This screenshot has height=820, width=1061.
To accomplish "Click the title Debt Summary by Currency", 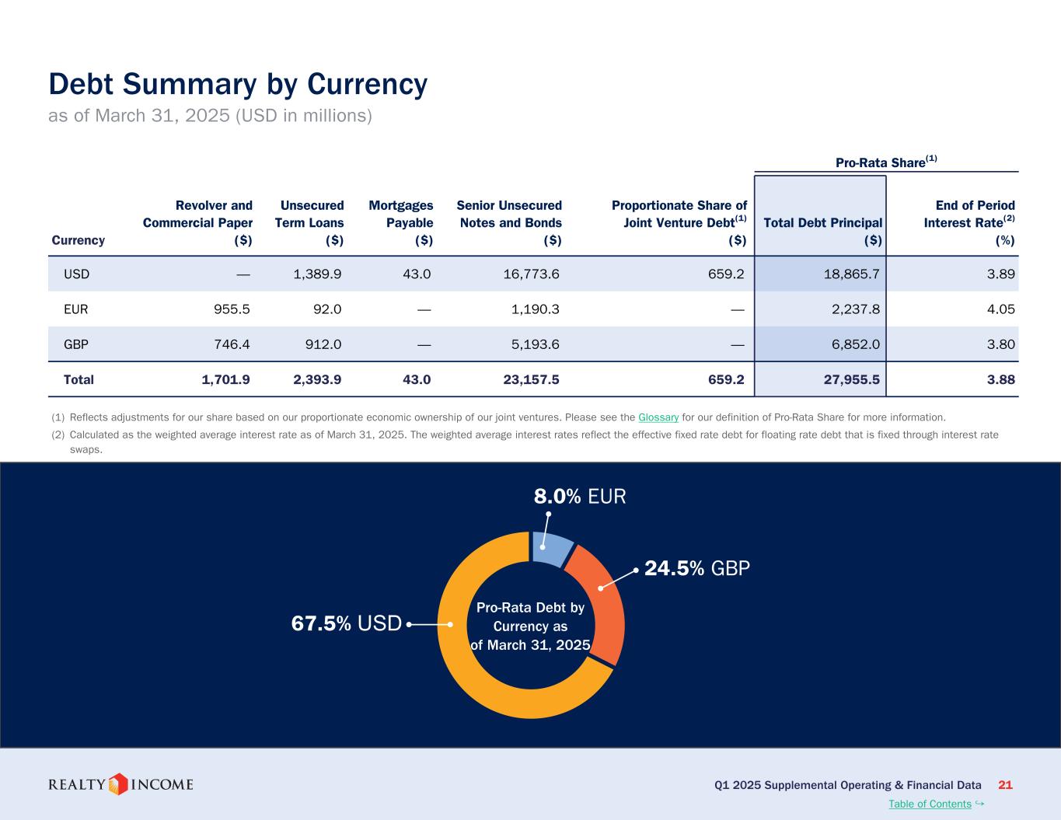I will [238, 85].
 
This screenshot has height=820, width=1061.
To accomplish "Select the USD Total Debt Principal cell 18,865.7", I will [853, 274].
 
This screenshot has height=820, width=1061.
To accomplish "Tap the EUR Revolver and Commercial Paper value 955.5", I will [232, 309].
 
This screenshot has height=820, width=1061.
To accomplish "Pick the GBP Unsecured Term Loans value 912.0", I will [322, 344].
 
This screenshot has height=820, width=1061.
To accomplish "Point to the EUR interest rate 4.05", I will [1000, 309].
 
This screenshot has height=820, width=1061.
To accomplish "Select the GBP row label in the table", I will [75, 344].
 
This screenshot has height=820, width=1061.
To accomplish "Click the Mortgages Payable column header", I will [401, 222].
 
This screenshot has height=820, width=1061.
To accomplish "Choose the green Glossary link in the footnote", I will [658, 417].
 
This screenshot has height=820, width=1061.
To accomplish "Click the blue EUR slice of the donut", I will [552, 548].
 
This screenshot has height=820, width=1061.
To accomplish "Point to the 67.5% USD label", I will [346, 623].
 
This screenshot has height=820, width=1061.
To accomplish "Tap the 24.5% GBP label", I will [697, 568].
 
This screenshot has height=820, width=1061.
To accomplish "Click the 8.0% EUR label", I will [579, 496].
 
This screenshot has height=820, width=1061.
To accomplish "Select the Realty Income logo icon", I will [117, 783].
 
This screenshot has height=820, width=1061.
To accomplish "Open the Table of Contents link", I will [930, 804].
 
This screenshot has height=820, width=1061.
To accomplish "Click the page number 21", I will [1005, 785].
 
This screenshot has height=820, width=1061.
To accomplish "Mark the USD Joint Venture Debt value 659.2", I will [725, 274].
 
